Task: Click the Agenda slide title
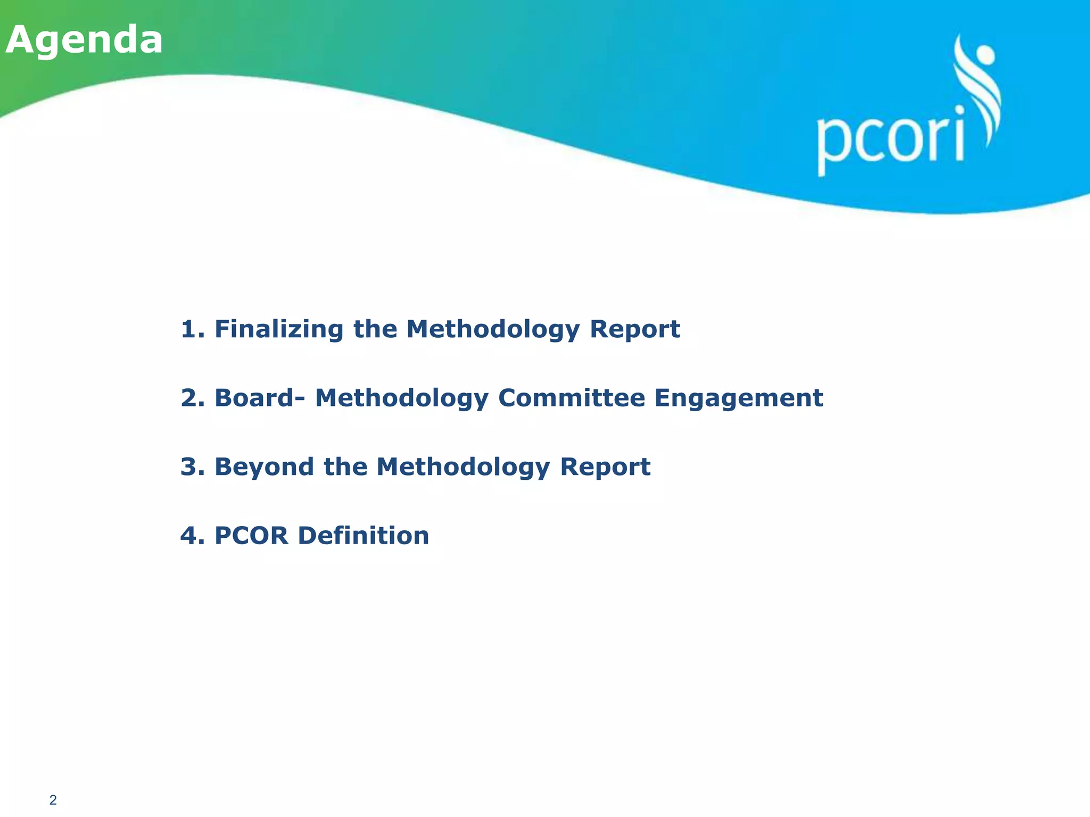click(x=84, y=40)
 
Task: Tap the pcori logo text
click(x=890, y=139)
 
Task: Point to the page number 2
click(x=53, y=799)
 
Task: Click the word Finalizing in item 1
click(x=279, y=329)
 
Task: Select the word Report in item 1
click(x=634, y=329)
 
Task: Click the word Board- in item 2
click(x=260, y=398)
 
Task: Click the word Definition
click(x=364, y=535)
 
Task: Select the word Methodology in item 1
click(x=492, y=330)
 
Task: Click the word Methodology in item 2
click(x=401, y=398)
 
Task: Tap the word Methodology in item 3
click(x=463, y=467)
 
